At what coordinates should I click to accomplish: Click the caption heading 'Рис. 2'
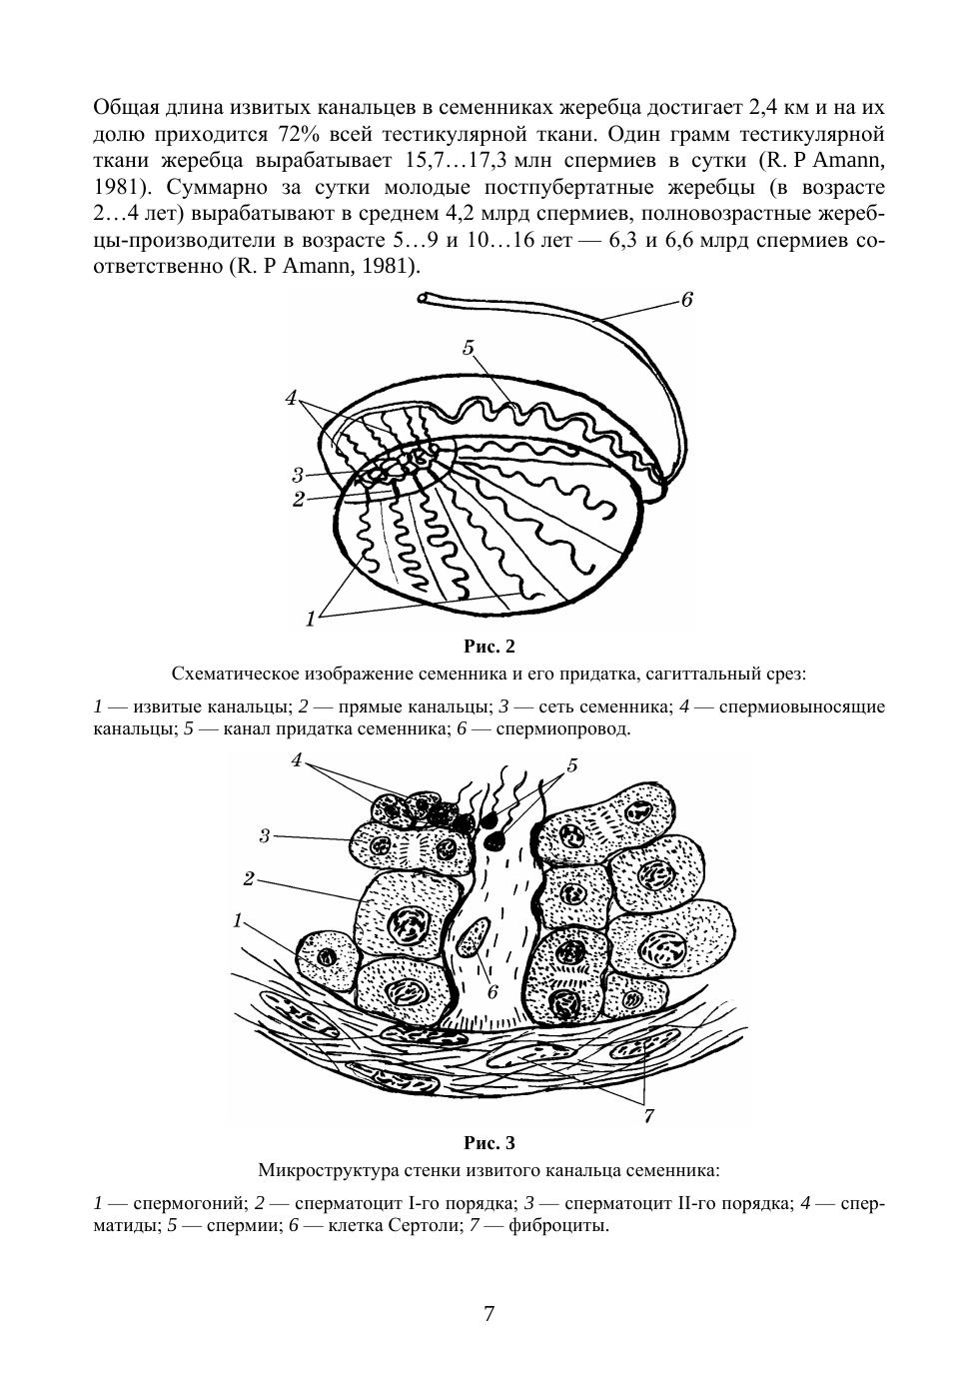tap(489, 646)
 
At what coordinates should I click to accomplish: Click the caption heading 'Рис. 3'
tap(489, 1142)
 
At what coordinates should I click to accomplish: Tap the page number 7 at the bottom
tap(489, 1313)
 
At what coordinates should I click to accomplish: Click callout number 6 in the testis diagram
tap(686, 300)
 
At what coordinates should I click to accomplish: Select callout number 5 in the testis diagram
tap(468, 348)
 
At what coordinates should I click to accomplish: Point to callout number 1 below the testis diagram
tap(311, 619)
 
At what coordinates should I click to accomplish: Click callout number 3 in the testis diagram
tap(298, 475)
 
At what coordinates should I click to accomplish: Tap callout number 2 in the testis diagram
tap(298, 499)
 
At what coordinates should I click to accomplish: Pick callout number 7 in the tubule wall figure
tap(647, 1116)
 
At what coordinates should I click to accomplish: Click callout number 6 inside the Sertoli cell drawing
tap(492, 992)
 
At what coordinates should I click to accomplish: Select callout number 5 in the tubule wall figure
tap(571, 765)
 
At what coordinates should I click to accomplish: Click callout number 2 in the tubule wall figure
tap(248, 878)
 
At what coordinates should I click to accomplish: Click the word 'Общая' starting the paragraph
tap(124, 107)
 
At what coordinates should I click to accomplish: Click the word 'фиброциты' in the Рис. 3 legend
tap(563, 1225)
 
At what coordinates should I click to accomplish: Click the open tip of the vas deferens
tap(425, 297)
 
